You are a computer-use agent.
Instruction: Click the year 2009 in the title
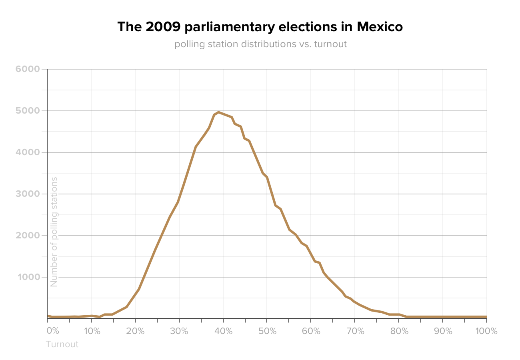[160, 27]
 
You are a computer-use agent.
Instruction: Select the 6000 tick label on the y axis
[28, 69]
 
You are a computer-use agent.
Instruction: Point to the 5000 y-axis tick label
[28, 111]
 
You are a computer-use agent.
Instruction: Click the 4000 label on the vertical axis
[28, 152]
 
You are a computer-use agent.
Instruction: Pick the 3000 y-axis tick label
[28, 194]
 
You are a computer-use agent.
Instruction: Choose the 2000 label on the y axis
[28, 236]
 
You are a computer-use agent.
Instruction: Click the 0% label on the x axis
[53, 331]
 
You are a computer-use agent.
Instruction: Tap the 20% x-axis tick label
[135, 331]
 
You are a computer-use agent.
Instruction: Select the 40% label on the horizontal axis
[223, 331]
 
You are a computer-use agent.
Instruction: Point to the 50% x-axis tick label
[267, 331]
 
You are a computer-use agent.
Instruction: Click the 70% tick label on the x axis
[355, 331]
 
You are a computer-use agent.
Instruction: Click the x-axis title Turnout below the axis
[62, 344]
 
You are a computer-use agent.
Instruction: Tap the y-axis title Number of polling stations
[54, 232]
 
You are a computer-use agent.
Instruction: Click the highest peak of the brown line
[218, 112]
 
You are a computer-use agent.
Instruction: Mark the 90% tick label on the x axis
[443, 331]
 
